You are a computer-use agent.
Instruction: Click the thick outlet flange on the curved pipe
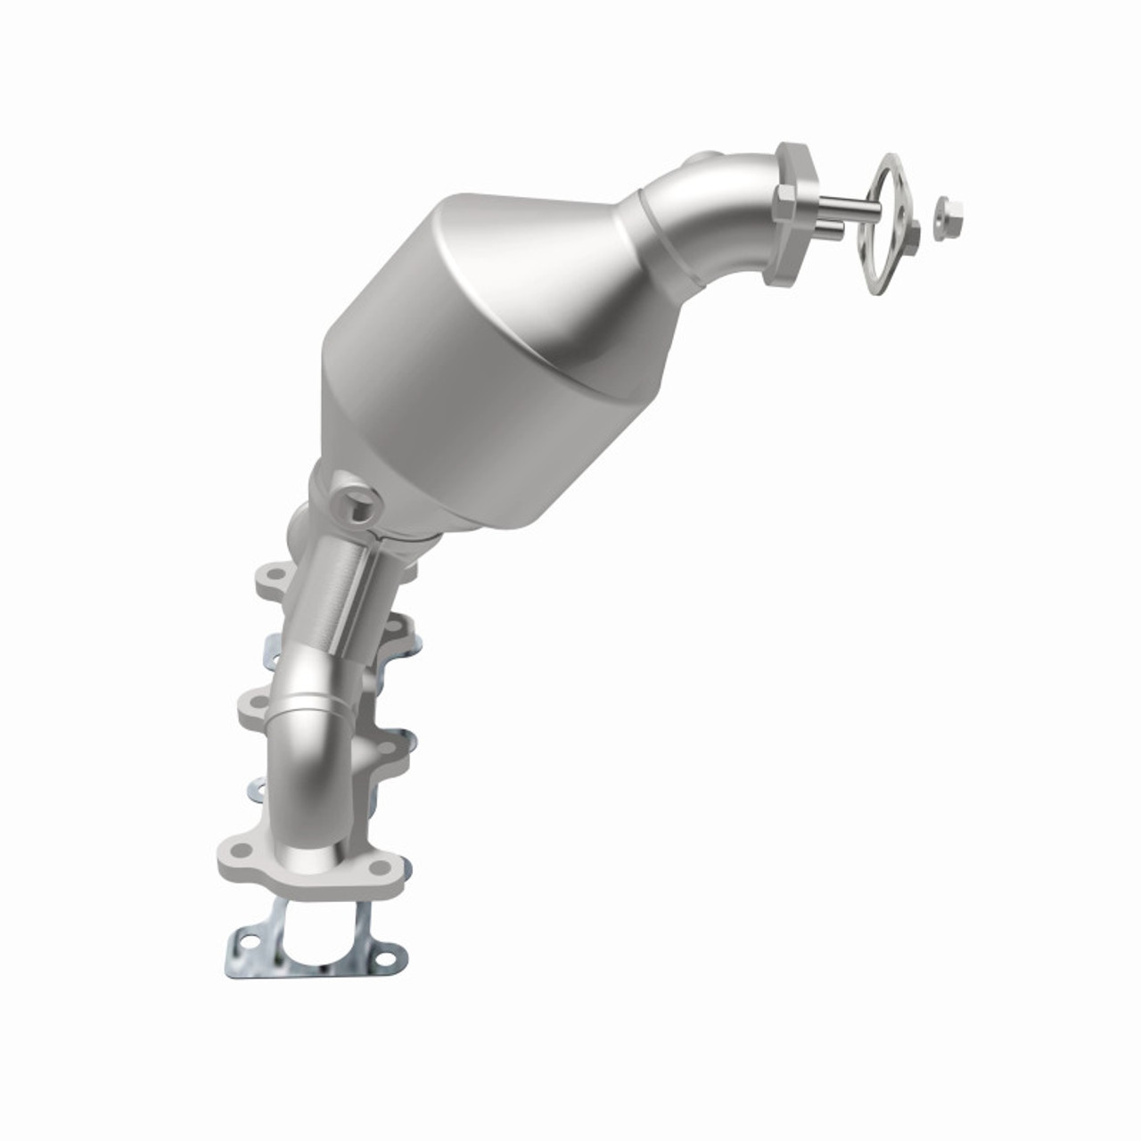[x=795, y=216]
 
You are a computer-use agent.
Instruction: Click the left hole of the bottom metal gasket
[x=245, y=937]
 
